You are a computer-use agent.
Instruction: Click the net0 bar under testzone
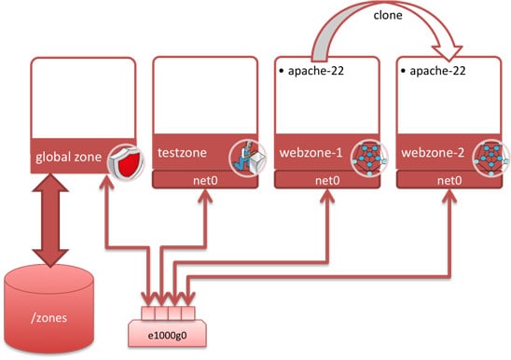click(x=204, y=179)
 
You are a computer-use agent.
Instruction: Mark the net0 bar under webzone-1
click(x=326, y=179)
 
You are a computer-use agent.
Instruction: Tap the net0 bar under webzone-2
click(x=449, y=179)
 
